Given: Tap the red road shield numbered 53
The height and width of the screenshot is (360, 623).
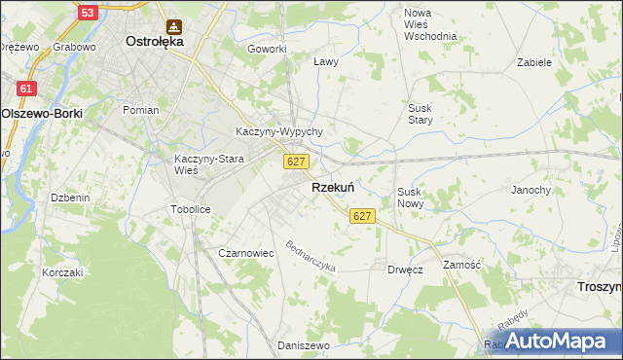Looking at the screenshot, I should pyautogui.click(x=88, y=13).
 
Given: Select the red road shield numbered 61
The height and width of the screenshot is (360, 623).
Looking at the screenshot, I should pyautogui.click(x=26, y=89).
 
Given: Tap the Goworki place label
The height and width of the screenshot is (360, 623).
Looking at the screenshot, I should pyautogui.click(x=267, y=49).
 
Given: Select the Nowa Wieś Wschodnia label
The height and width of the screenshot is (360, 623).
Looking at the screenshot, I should pyautogui.click(x=430, y=24).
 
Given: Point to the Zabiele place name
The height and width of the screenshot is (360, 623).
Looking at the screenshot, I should pyautogui.click(x=534, y=61).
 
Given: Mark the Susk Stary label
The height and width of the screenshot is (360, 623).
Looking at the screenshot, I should pyautogui.click(x=420, y=114).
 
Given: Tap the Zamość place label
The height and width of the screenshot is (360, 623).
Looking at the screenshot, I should pyautogui.click(x=462, y=265).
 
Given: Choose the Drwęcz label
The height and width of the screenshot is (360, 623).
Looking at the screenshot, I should pyautogui.click(x=404, y=270).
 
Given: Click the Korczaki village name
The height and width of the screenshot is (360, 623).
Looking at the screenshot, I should pyautogui.click(x=62, y=272).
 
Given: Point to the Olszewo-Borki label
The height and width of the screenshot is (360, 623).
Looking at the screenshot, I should pyautogui.click(x=42, y=113).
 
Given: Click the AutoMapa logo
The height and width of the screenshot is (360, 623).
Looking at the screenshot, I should pyautogui.click(x=556, y=342).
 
